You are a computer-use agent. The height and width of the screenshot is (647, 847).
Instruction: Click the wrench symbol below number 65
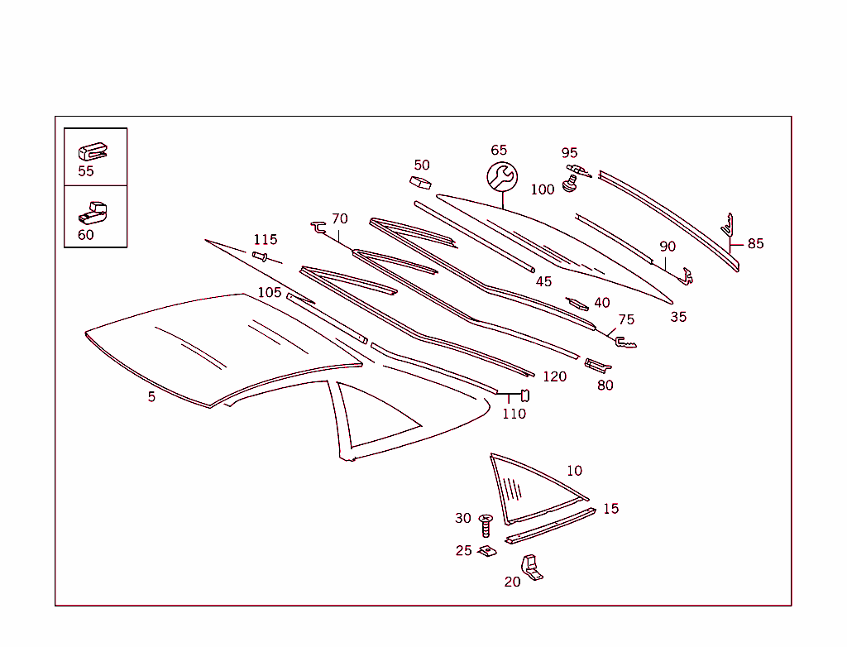pos(501,176)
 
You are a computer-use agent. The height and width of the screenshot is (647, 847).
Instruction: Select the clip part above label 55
pos(93,152)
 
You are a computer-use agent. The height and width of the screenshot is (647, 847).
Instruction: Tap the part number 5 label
pos(151,397)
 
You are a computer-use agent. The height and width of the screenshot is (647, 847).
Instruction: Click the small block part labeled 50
pos(421,181)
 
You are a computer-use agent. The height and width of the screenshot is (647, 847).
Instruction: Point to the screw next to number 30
pos(486,524)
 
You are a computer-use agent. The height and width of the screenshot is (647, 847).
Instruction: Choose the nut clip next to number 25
pos(487,551)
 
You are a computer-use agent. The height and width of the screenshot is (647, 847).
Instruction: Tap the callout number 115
pos(266,240)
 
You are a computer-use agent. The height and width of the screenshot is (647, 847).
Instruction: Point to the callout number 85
pos(756,244)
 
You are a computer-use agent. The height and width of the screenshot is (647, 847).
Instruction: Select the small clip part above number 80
pos(597,365)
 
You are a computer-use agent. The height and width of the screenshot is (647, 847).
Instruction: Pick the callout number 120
pos(554,377)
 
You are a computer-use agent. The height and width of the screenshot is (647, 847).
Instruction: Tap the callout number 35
pos(678,317)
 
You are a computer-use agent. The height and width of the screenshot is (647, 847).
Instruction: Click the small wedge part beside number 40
pos(577,304)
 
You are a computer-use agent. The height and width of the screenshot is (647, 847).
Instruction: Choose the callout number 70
pos(340,219)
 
